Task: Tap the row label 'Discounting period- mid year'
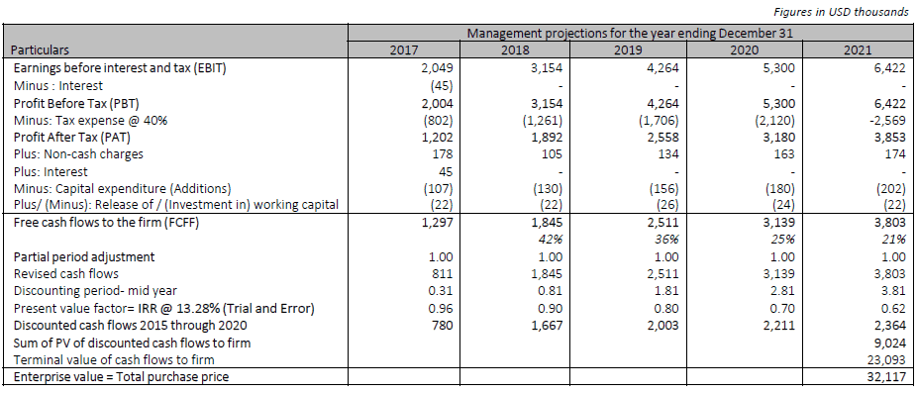[x=95, y=291]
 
